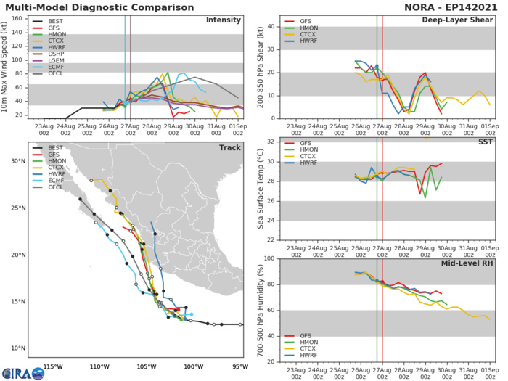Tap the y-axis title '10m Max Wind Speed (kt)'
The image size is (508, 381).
tap(7, 67)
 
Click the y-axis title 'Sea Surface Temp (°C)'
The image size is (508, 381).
tap(259, 189)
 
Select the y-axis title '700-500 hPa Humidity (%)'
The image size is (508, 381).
tap(259, 310)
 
